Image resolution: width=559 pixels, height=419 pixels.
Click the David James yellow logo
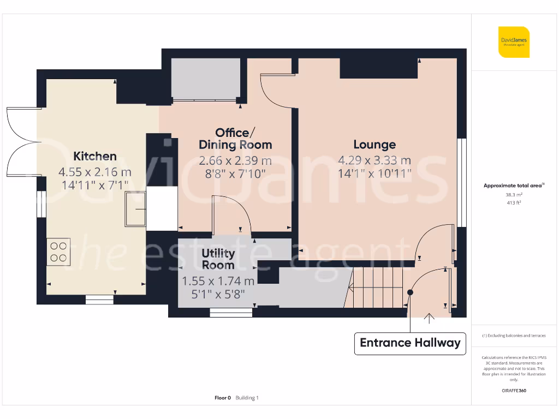pyautogui.click(x=514, y=42)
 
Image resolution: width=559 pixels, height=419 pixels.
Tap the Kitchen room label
pyautogui.click(x=95, y=157)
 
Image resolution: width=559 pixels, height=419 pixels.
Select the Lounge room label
pyautogui.click(x=374, y=145)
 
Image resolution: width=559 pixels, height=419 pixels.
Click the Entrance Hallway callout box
pyautogui.click(x=410, y=343)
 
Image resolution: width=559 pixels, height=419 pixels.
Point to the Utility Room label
pyautogui.click(x=218, y=259)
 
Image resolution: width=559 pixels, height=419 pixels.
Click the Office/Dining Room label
pyautogui.click(x=235, y=139)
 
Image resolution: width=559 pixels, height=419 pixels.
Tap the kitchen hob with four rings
pyautogui.click(x=58, y=252)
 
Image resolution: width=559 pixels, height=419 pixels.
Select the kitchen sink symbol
pyautogui.click(x=135, y=209)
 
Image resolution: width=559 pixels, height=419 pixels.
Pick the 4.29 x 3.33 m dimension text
pyautogui.click(x=374, y=160)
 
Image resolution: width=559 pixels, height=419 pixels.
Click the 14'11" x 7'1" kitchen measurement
pyautogui.click(x=95, y=184)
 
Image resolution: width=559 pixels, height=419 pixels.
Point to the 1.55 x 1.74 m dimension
pyautogui.click(x=218, y=282)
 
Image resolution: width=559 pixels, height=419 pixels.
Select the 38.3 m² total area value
pyautogui.click(x=514, y=194)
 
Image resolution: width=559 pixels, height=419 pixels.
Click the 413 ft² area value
pyautogui.click(x=514, y=202)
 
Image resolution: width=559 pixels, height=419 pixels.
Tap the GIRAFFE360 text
pyautogui.click(x=514, y=391)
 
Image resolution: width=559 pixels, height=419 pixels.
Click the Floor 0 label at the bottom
pyautogui.click(x=223, y=398)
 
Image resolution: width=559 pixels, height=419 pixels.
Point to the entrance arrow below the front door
pyautogui.click(x=430, y=317)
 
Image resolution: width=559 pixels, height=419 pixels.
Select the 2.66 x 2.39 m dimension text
pyautogui.click(x=235, y=161)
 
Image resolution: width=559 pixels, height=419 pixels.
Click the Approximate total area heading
pyautogui.click(x=513, y=186)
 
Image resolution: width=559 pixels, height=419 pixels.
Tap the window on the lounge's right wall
pyautogui.click(x=462, y=182)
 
